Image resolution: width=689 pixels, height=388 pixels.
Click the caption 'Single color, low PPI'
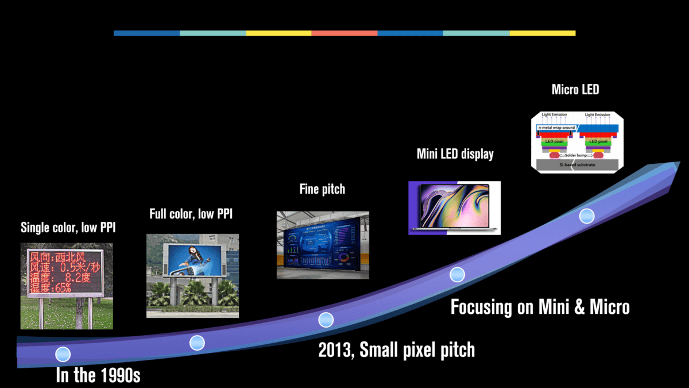click(68, 228)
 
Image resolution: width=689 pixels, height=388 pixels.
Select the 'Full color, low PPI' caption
click(191, 214)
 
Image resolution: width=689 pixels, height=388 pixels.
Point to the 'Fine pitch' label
click(322, 189)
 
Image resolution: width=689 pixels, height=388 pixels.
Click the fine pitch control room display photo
click(323, 245)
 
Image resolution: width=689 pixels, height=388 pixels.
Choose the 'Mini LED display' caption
click(455, 155)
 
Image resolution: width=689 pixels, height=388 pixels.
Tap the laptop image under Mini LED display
click(454, 208)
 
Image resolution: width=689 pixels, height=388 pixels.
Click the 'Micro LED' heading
click(575, 90)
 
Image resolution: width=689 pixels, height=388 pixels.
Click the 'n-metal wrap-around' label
click(556, 128)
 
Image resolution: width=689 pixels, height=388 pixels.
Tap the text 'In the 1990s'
click(98, 376)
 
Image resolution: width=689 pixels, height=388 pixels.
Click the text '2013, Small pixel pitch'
click(397, 350)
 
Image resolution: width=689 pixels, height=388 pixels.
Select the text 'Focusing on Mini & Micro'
click(540, 307)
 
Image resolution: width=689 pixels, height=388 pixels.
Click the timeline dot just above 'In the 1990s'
click(63, 354)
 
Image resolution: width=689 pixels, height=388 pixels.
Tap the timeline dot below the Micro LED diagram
click(587, 216)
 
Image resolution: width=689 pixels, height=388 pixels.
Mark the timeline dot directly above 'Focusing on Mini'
click(457, 274)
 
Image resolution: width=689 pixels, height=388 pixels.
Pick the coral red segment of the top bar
click(344, 33)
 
